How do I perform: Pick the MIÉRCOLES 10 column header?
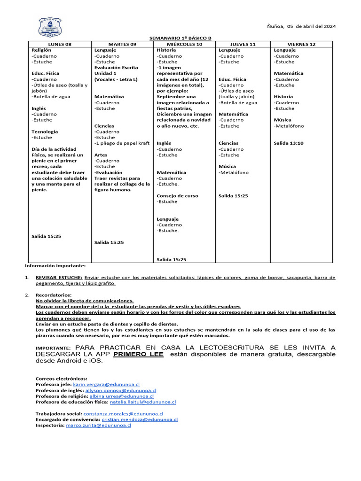tap(185, 44)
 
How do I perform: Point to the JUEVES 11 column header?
tap(243, 44)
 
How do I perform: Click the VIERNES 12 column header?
tap(302, 44)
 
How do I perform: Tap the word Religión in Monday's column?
tap(41, 50)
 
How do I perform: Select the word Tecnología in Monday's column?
tap(45, 132)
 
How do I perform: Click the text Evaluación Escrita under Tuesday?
tap(116, 68)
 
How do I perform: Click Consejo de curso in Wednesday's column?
tap(177, 196)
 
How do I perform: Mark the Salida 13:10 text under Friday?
tap(289, 143)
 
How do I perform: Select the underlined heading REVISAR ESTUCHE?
tap(59, 278)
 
